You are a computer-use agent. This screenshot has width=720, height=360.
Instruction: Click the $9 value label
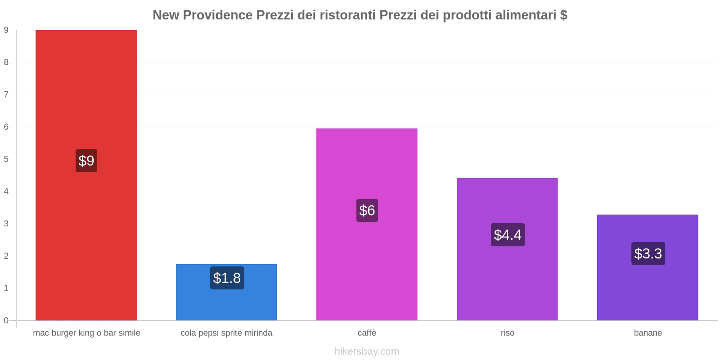[x=86, y=161]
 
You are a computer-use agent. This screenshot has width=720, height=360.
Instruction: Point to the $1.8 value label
[x=227, y=278]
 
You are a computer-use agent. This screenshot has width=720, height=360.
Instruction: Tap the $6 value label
[x=367, y=210]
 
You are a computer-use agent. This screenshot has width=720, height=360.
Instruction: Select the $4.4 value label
[x=508, y=234]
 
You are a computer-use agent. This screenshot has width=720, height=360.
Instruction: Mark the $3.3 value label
[x=648, y=253]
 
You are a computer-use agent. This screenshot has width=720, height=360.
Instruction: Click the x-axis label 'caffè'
[x=367, y=333]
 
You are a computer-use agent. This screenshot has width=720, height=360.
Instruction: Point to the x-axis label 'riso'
[x=507, y=333]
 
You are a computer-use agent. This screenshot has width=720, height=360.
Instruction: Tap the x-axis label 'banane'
[x=648, y=333]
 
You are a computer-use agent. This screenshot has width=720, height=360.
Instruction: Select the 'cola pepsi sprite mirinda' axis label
[x=226, y=333]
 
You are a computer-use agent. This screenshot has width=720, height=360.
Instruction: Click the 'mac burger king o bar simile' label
[x=86, y=333]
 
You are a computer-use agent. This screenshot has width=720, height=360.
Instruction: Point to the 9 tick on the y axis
[x=6, y=30]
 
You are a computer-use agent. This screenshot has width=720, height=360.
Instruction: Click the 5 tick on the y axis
[x=6, y=159]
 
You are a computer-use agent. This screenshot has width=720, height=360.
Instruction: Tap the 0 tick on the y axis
[x=6, y=320]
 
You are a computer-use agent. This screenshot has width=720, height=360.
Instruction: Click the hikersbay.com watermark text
[x=367, y=351]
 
